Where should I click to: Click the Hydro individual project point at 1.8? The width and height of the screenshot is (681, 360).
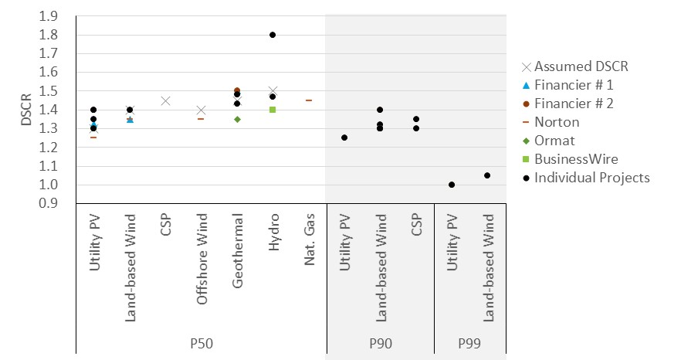tap(273, 35)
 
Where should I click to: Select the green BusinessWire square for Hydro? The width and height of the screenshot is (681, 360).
tap(273, 110)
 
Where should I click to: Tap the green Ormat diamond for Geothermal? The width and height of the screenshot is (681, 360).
tap(237, 119)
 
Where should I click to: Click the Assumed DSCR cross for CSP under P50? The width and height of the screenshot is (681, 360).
tap(165, 100)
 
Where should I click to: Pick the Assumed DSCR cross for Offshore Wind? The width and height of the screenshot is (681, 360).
tap(201, 110)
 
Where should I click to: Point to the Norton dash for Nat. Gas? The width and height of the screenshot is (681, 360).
tap(309, 100)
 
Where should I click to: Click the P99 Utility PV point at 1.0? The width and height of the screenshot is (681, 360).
tap(452, 185)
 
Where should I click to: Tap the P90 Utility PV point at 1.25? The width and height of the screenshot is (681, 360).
tap(344, 138)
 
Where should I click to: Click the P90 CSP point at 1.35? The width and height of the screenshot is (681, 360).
tap(416, 119)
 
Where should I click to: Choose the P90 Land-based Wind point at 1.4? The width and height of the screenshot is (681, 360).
tap(380, 110)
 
